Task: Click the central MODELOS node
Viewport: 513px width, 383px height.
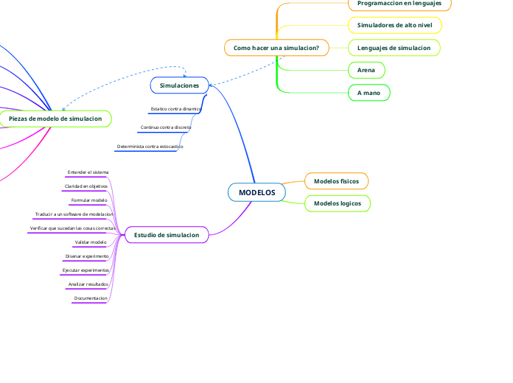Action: pyautogui.click(x=256, y=192)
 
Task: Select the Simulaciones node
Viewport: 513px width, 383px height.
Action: pyautogui.click(x=180, y=85)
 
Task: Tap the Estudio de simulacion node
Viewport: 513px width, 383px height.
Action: pyautogui.click(x=167, y=235)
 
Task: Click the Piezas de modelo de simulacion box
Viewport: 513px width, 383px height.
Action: pyautogui.click(x=55, y=119)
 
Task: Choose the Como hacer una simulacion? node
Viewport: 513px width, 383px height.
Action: pyautogui.click(x=276, y=48)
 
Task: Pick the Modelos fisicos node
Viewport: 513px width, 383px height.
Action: pyautogui.click(x=336, y=180)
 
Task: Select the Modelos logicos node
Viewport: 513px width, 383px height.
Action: pyautogui.click(x=337, y=203)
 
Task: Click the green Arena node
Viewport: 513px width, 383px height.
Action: pyautogui.click(x=366, y=70)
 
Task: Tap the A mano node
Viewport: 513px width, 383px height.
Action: pyautogui.click(x=369, y=93)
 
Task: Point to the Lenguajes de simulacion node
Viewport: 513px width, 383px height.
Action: pyautogui.click(x=394, y=48)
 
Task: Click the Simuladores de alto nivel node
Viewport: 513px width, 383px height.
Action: pyautogui.click(x=394, y=25)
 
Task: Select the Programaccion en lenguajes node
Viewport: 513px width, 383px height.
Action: pyautogui.click(x=399, y=4)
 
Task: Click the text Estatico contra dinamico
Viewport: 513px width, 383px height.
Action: pyautogui.click(x=175, y=109)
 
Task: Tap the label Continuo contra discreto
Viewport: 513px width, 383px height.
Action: pyautogui.click(x=166, y=127)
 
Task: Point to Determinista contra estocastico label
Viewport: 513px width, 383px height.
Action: pyautogui.click(x=150, y=147)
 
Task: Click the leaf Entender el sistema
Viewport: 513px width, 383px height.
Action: pyautogui.click(x=88, y=172)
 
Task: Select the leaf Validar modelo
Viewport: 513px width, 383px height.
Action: pyautogui.click(x=91, y=242)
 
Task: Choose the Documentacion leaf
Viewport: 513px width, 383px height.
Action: pyautogui.click(x=91, y=298)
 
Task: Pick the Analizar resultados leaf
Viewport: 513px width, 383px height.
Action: pyautogui.click(x=88, y=284)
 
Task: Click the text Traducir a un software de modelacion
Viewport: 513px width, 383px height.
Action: pyautogui.click(x=74, y=214)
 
